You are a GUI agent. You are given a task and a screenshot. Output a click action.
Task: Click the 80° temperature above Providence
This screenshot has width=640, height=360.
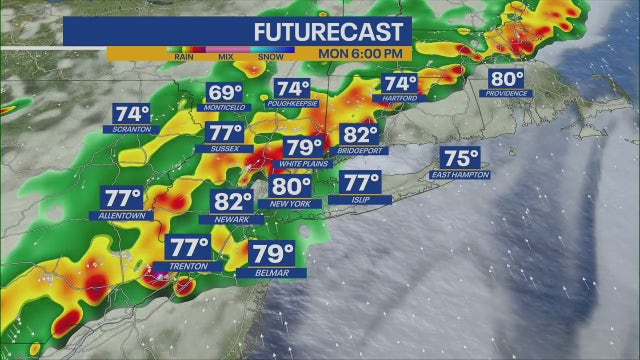point(506,79)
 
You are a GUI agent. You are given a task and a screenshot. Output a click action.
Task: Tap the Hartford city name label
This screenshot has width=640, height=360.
point(400,99)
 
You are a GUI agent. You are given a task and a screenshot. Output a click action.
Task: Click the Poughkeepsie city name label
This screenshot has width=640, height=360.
point(293,104)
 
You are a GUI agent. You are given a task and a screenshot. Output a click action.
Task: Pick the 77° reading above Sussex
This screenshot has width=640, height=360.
point(225,134)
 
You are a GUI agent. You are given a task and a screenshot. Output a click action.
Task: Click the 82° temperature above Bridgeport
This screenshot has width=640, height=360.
point(361,135)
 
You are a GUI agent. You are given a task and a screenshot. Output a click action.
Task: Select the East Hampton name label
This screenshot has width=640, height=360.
point(461,174)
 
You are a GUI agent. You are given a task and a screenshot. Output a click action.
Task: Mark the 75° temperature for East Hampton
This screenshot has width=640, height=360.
point(462,157)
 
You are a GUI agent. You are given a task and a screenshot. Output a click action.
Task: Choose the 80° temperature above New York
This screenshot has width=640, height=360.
point(292,186)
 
